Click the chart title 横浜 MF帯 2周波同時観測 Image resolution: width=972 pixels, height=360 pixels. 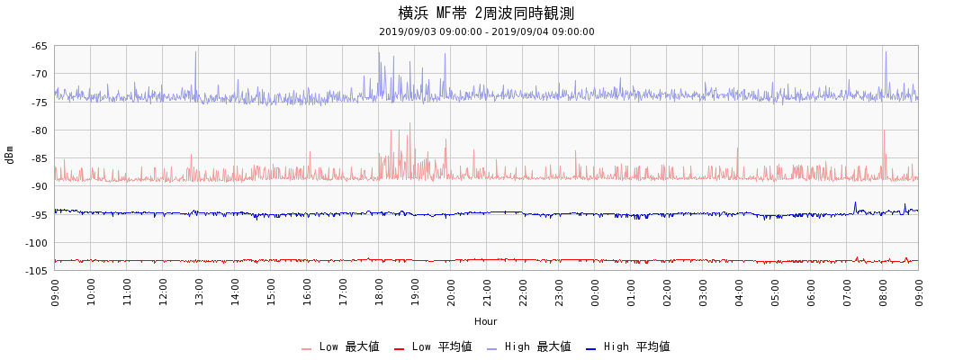(x=486, y=13)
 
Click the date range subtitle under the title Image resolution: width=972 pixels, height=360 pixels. (x=486, y=31)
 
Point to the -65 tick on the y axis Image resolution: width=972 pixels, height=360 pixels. (x=40, y=46)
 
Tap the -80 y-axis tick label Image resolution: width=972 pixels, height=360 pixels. (x=40, y=130)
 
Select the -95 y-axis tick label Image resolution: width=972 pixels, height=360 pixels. (x=40, y=214)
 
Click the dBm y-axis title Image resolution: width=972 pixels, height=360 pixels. (x=10, y=155)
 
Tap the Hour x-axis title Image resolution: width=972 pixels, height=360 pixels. (x=486, y=321)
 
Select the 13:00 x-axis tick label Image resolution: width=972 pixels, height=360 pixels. (x=199, y=292)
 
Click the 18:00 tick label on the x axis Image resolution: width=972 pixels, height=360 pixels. (x=379, y=292)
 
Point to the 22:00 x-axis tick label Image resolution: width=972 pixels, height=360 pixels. (x=523, y=292)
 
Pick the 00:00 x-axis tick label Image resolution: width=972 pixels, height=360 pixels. (x=595, y=292)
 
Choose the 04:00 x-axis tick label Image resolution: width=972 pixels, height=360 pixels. (x=739, y=292)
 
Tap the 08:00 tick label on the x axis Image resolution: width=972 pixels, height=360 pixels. (x=883, y=292)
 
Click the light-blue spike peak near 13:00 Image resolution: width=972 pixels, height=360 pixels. (x=195, y=51)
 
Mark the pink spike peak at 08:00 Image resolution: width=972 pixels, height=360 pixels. (x=883, y=130)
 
